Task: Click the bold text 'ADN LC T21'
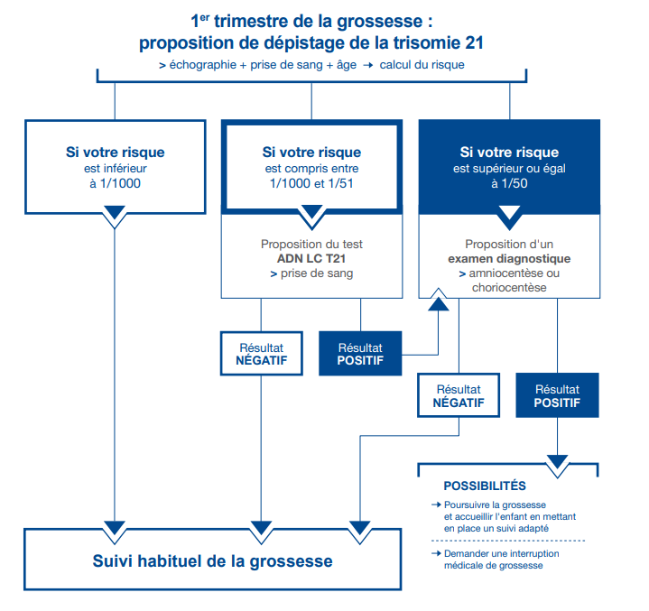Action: pos(311,259)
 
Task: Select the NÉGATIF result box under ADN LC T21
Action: pos(261,353)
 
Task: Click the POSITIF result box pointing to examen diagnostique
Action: pos(360,353)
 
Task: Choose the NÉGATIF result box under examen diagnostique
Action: pos(459,396)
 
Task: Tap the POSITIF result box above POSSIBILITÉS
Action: pos(557,396)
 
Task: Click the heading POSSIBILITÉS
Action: pos(484,486)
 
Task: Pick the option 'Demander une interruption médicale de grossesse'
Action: pos(496,559)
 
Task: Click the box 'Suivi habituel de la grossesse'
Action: pos(212,561)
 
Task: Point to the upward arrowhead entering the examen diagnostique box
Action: pos(439,301)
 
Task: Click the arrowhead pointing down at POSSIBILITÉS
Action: pos(557,462)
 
